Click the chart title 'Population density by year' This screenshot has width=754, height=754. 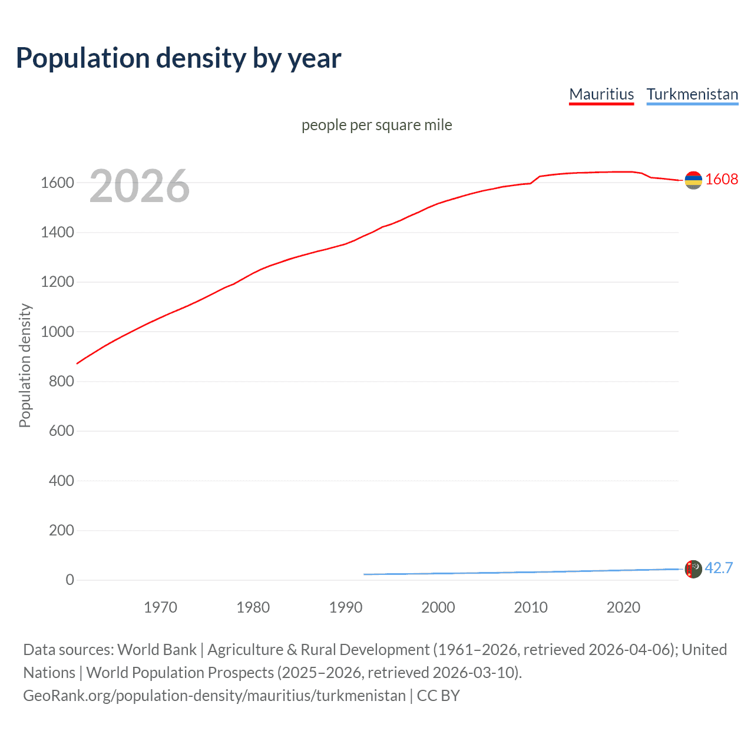(x=178, y=58)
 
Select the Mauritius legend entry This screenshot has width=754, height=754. (x=601, y=94)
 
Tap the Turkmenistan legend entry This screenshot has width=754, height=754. (x=692, y=94)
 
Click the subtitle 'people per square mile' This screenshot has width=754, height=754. (x=376, y=125)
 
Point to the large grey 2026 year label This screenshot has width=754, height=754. (x=140, y=186)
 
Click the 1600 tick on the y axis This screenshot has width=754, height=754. (x=57, y=183)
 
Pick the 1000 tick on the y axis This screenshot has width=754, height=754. (x=57, y=332)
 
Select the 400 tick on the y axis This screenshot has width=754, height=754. (x=61, y=481)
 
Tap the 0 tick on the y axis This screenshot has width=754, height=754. (x=70, y=580)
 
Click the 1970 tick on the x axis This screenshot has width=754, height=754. (x=160, y=607)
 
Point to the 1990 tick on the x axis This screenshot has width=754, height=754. (x=346, y=607)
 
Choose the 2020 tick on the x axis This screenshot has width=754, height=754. (x=623, y=607)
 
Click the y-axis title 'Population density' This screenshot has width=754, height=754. (x=25, y=365)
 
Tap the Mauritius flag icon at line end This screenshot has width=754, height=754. (x=693, y=180)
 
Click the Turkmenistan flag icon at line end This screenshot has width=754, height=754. (x=693, y=569)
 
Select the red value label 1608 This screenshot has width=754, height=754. (x=722, y=179)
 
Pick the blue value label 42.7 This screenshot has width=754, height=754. (x=719, y=568)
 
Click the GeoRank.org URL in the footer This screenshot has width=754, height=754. (x=214, y=696)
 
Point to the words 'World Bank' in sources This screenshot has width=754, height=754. (x=157, y=650)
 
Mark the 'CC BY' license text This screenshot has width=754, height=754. (x=438, y=696)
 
